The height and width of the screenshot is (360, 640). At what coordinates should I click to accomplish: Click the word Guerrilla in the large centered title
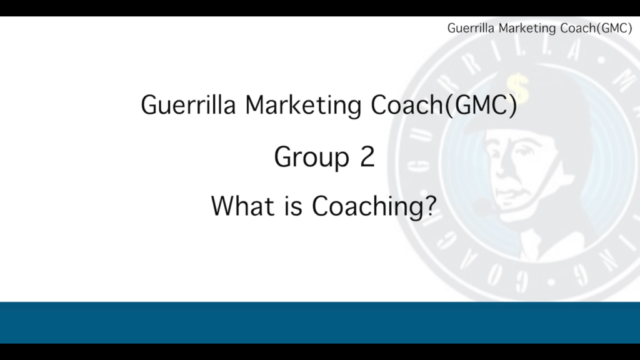coord(188,105)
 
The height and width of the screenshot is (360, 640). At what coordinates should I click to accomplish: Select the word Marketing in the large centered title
coord(303,106)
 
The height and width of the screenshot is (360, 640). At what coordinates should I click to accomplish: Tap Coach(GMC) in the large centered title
coord(444,106)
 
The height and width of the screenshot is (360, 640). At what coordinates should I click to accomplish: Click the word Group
coord(311,157)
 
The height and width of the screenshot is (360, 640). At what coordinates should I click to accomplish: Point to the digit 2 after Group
coord(367,157)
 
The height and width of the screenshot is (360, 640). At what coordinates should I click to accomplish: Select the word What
coord(242,206)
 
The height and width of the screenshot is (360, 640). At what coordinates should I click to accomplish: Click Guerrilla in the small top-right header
coord(471,28)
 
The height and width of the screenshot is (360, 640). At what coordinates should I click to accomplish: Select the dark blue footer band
coord(320,322)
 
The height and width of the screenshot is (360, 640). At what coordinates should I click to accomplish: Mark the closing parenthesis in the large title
coord(514,106)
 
